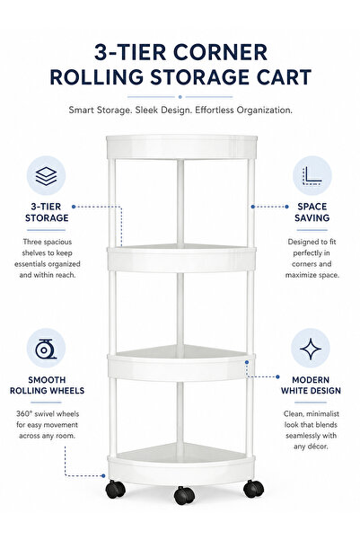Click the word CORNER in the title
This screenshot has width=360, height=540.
tap(220, 52)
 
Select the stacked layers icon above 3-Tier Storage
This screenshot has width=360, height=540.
tap(46, 175)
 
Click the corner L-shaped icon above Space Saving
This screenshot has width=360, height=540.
tap(312, 175)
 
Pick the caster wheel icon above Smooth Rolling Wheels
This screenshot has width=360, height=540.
tap(46, 349)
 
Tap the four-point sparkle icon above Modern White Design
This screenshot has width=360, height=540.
tap(311, 349)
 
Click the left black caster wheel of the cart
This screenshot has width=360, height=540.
tap(115, 489)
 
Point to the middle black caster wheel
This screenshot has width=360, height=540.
tap(184, 495)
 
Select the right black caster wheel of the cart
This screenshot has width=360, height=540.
tap(254, 489)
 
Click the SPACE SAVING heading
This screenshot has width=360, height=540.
tap(312, 212)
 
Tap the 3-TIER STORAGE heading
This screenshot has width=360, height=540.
tap(47, 212)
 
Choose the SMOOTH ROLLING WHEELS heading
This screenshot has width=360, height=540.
tap(47, 385)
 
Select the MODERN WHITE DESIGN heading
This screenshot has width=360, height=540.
tap(311, 385)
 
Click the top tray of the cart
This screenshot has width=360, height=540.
tap(181, 146)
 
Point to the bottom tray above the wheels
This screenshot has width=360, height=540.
tap(181, 465)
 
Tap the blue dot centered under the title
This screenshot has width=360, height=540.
tap(180, 97)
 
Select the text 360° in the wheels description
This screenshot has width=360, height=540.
tap(23, 413)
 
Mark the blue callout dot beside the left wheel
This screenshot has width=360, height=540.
tap(103, 475)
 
